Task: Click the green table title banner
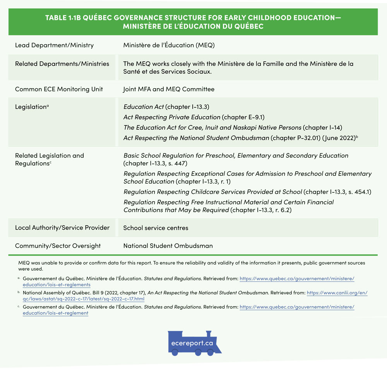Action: pyautogui.click(x=193, y=22)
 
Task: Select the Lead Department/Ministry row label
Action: pyautogui.click(x=54, y=45)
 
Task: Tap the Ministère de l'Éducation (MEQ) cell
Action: pyautogui.click(x=169, y=45)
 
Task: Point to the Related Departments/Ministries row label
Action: pyautogui.click(x=62, y=64)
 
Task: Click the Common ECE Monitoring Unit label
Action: pyautogui.click(x=59, y=89)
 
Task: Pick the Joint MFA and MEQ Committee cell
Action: pyautogui.click(x=169, y=89)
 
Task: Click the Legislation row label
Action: pyautogui.click(x=31, y=107)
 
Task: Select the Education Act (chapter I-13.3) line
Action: pyautogui.click(x=166, y=107)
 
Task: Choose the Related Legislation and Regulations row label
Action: pyautogui.click(x=49, y=160)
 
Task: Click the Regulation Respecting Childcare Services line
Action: pyautogui.click(x=248, y=192)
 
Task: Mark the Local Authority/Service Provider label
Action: pyautogui.click(x=62, y=228)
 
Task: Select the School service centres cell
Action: pyautogui.click(x=156, y=228)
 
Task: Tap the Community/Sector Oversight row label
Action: pyautogui.click(x=58, y=245)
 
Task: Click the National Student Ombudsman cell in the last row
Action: pyautogui.click(x=168, y=245)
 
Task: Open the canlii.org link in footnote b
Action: pyautogui.click(x=337, y=293)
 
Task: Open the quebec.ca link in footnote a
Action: pyautogui.click(x=297, y=278)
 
